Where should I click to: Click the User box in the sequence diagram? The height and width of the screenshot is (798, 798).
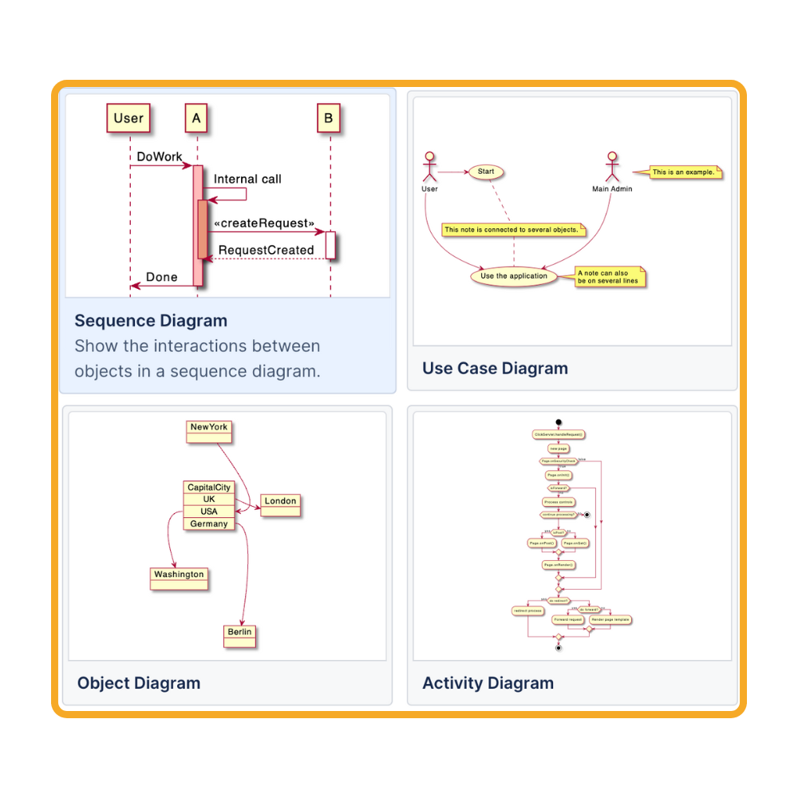pyautogui.click(x=128, y=119)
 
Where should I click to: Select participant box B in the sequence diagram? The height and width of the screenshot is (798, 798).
pyautogui.click(x=328, y=119)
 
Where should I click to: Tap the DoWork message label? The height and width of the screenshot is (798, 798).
pyautogui.click(x=160, y=157)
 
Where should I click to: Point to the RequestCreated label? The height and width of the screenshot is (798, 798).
pyautogui.click(x=266, y=251)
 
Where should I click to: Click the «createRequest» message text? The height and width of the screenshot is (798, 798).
pyautogui.click(x=263, y=223)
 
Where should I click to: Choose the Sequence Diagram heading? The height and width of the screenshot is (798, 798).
pyautogui.click(x=151, y=321)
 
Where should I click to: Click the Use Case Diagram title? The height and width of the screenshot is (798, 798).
pyautogui.click(x=495, y=369)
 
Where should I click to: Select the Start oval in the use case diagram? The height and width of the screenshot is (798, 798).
pyautogui.click(x=486, y=172)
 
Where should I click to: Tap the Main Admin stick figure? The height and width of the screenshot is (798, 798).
pyautogui.click(x=612, y=166)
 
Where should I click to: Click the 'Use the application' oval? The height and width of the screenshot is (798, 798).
pyautogui.click(x=514, y=276)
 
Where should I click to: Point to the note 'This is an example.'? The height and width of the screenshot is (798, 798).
pyautogui.click(x=685, y=172)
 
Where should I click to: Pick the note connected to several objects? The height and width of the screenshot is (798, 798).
pyautogui.click(x=512, y=230)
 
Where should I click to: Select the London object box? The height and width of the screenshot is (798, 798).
pyautogui.click(x=280, y=505)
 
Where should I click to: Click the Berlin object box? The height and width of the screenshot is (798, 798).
pyautogui.click(x=239, y=635)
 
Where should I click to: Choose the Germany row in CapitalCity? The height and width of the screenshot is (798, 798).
pyautogui.click(x=209, y=524)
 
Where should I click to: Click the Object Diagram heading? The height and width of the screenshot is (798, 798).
pyautogui.click(x=139, y=683)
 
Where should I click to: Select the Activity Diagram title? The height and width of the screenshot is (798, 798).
pyautogui.click(x=488, y=683)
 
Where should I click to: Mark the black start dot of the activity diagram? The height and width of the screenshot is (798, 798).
pyautogui.click(x=559, y=422)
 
